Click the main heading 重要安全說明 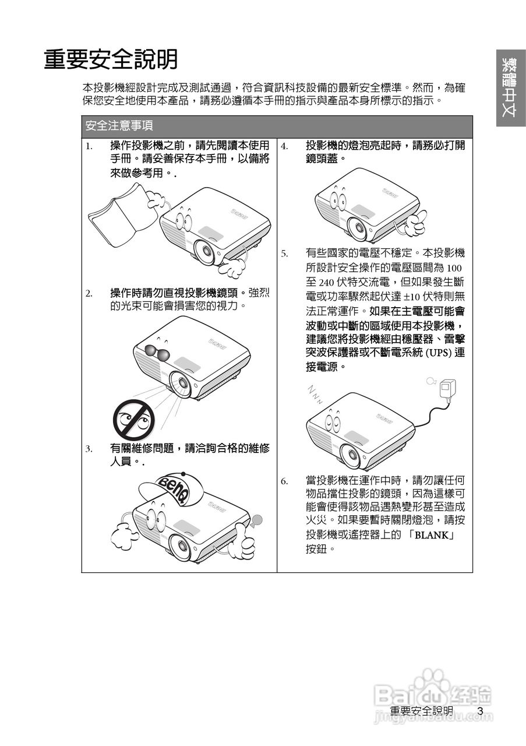(x=111, y=59)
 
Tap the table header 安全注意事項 (x=119, y=126)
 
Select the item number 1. (x=89, y=146)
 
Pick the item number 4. (x=284, y=146)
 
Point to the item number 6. (x=284, y=481)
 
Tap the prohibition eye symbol (x=133, y=420)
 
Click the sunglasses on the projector (x=157, y=352)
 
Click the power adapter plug (x=448, y=388)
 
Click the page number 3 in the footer (x=480, y=711)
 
